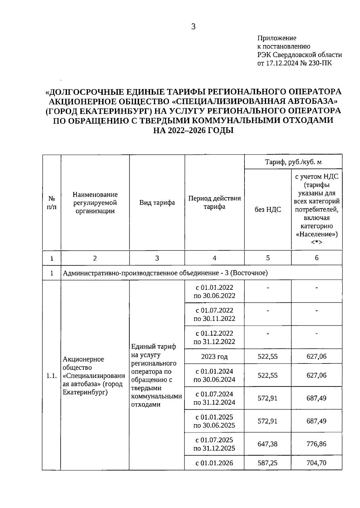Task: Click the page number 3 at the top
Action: click(193, 27)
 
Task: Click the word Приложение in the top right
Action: click(277, 38)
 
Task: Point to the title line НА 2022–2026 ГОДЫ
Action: click(193, 130)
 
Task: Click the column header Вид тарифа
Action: click(157, 203)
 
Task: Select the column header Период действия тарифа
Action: click(214, 203)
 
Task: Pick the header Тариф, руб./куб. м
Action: click(293, 162)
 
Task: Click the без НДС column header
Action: click(268, 210)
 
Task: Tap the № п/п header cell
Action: click(52, 203)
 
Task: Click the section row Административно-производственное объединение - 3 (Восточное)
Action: click(165, 273)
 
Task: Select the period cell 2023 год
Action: click(214, 357)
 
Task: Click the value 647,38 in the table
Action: click(268, 444)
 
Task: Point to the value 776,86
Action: click(316, 444)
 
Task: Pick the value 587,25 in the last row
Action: click(268, 463)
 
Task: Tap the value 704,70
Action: click(316, 463)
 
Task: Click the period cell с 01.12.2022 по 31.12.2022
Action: click(214, 338)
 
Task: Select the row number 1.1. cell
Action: click(52, 376)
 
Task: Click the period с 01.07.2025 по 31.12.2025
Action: click(214, 444)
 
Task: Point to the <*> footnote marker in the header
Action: click(316, 242)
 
